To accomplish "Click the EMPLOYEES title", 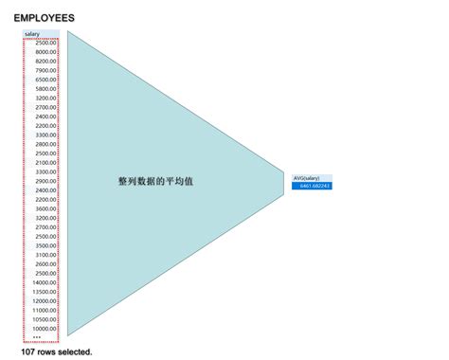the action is [x=45, y=18].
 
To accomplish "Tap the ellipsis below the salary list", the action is [x=37, y=337].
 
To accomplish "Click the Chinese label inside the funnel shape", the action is [x=155, y=180].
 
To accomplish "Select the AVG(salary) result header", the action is [x=307, y=178].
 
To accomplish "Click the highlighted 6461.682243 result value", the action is [x=314, y=186].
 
